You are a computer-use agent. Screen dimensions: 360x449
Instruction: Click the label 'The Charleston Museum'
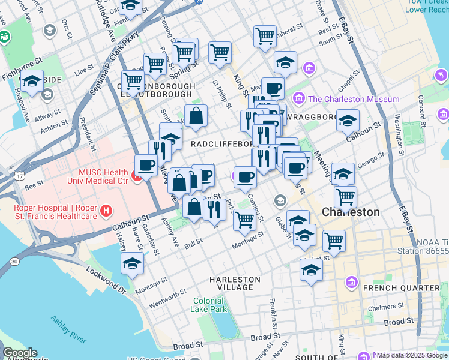(354, 99)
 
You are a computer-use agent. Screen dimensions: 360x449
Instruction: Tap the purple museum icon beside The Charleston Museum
(298, 98)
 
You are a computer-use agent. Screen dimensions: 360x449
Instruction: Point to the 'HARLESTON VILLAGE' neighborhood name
(235, 284)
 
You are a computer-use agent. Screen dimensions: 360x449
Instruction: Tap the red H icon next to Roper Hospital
(106, 211)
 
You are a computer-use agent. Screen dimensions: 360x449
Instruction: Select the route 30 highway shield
(13, 260)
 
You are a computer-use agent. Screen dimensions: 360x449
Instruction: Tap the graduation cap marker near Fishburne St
(32, 81)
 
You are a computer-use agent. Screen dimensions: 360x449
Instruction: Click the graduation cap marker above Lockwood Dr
(132, 263)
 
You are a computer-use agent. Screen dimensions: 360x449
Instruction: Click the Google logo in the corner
(20, 353)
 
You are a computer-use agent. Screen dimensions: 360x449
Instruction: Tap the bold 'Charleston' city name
(351, 212)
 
